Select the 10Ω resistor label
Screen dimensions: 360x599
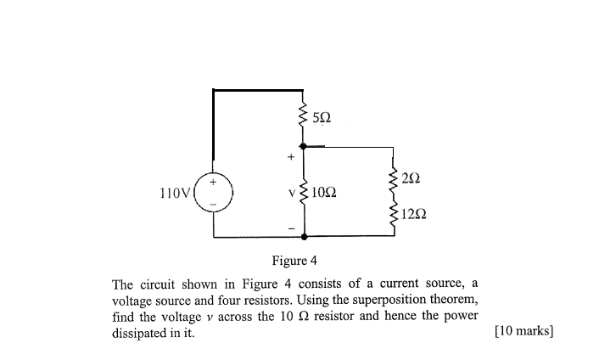(325, 193)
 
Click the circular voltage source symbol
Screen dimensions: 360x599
(214, 193)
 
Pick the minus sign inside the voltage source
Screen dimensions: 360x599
(214, 205)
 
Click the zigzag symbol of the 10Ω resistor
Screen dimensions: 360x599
(303, 193)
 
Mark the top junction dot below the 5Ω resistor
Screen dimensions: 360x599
(303, 146)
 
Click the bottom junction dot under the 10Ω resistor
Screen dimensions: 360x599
(303, 237)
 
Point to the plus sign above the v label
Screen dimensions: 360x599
(290, 157)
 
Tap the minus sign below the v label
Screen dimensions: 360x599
(290, 227)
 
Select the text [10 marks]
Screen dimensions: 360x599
(523, 332)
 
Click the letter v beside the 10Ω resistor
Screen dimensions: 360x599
(291, 193)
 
